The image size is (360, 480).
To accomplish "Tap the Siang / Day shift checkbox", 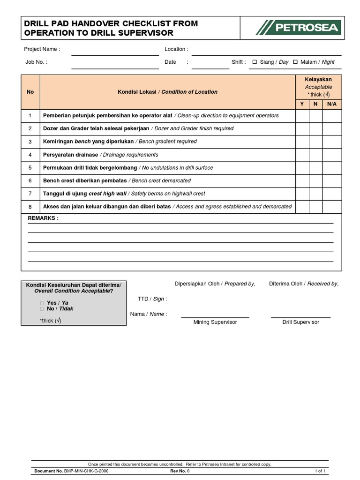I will click(x=255, y=62).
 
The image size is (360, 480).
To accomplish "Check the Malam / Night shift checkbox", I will click(x=295, y=62).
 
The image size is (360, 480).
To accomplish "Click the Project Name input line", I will click(x=115, y=52).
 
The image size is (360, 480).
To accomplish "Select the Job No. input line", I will click(x=115, y=66).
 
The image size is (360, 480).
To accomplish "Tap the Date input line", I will click(x=210, y=66).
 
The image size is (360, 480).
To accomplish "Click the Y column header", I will click(x=302, y=104).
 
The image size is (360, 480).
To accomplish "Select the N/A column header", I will click(x=332, y=104).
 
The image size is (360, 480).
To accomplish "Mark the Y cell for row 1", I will click(x=302, y=115).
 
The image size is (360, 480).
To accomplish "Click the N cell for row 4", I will click(x=315, y=155).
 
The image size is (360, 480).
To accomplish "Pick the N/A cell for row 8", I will click(x=332, y=206).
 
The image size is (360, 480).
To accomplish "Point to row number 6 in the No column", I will click(x=30, y=180).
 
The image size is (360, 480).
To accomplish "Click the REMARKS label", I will click(x=43, y=218).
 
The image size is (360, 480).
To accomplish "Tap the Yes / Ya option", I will click(x=57, y=303).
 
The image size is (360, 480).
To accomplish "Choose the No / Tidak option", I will click(x=60, y=309).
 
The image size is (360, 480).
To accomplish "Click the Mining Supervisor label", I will click(x=215, y=322).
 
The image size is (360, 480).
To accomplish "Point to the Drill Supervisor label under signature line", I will click(x=300, y=322).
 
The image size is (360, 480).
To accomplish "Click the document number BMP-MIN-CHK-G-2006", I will click(x=86, y=470).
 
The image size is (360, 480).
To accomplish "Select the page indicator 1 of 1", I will click(x=321, y=470).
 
